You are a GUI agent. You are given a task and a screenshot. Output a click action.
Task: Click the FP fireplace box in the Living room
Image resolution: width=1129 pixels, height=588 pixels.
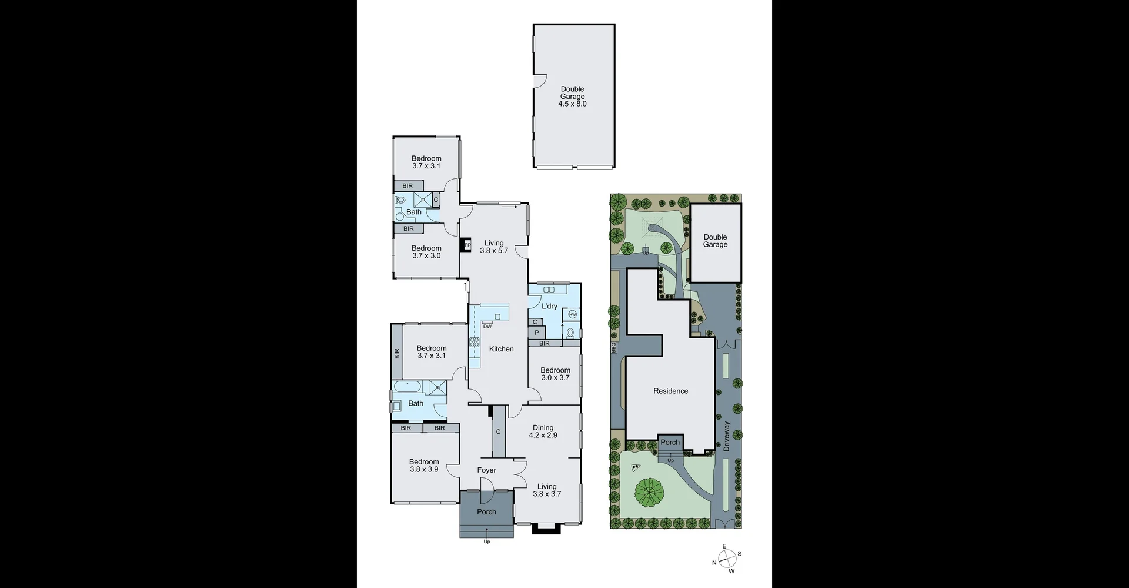pyautogui.click(x=467, y=245)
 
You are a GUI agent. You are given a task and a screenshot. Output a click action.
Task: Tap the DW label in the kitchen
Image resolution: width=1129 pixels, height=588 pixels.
pyautogui.click(x=487, y=326)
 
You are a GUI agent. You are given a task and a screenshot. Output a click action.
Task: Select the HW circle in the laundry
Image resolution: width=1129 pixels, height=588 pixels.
pyautogui.click(x=572, y=314)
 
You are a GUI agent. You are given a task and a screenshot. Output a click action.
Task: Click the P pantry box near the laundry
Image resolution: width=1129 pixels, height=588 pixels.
pyautogui.click(x=536, y=333)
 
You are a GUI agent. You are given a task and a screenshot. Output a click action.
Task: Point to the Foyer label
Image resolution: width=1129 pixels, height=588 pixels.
pyautogui.click(x=486, y=470)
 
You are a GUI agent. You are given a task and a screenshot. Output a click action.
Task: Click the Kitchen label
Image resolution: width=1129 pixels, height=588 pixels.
pyautogui.click(x=501, y=349)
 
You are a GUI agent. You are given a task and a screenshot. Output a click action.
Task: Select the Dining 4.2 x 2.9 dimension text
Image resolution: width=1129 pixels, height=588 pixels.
pyautogui.click(x=543, y=436)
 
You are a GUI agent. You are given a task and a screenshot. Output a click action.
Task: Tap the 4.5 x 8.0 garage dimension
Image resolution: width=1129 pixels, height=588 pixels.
pyautogui.click(x=572, y=104)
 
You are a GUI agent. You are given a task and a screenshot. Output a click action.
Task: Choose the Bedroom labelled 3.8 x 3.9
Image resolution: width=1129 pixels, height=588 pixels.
pyautogui.click(x=424, y=466)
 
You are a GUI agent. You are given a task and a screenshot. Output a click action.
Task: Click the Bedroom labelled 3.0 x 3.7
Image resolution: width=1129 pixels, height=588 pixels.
pyautogui.click(x=555, y=374)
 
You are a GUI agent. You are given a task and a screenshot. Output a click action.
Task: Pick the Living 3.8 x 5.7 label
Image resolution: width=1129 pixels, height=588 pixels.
pyautogui.click(x=494, y=247)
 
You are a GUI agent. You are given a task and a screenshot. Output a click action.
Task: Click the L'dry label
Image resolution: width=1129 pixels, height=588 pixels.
pyautogui.click(x=549, y=306)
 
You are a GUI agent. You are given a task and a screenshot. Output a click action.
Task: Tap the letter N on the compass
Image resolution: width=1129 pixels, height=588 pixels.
pyautogui.click(x=714, y=563)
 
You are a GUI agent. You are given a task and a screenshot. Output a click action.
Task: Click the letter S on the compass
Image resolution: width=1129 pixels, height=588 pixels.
pyautogui.click(x=740, y=554)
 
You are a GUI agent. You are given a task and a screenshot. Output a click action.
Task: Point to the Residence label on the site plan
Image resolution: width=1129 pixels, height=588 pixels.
pyautogui.click(x=670, y=391)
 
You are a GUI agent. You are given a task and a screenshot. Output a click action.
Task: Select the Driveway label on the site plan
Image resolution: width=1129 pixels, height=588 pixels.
pyautogui.click(x=727, y=436)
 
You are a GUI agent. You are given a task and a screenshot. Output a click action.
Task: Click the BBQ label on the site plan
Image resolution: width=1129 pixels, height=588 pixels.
pyautogui.click(x=613, y=348)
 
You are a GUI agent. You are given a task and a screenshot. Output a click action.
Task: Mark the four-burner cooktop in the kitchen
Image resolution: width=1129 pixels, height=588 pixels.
pyautogui.click(x=474, y=343)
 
